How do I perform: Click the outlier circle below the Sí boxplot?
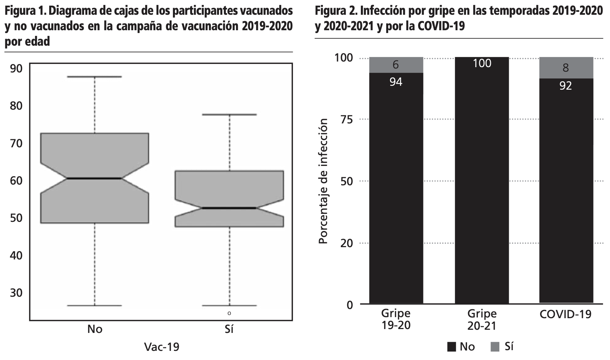tap(229, 313)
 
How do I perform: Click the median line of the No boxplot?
tap(95, 179)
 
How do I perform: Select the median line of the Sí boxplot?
tap(229, 208)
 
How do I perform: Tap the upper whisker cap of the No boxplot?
tap(95, 77)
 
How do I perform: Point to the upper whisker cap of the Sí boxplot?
tap(229, 115)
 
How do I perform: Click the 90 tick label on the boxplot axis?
tap(16, 68)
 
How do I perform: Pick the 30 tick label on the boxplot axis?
tap(16, 292)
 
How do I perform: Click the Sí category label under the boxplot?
tap(229, 329)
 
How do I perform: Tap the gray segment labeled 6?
tap(396, 65)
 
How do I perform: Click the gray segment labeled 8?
tap(566, 67)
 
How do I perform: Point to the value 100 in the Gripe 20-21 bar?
tap(482, 64)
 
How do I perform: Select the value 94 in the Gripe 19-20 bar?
tap(396, 82)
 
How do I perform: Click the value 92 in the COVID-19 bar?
tap(566, 86)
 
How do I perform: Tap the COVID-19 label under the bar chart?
tap(566, 314)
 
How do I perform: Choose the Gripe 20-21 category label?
tap(482, 320)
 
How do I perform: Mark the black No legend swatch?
tap(452, 347)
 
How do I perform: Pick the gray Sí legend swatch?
tap(495, 347)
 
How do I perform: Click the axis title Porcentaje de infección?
tap(323, 181)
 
